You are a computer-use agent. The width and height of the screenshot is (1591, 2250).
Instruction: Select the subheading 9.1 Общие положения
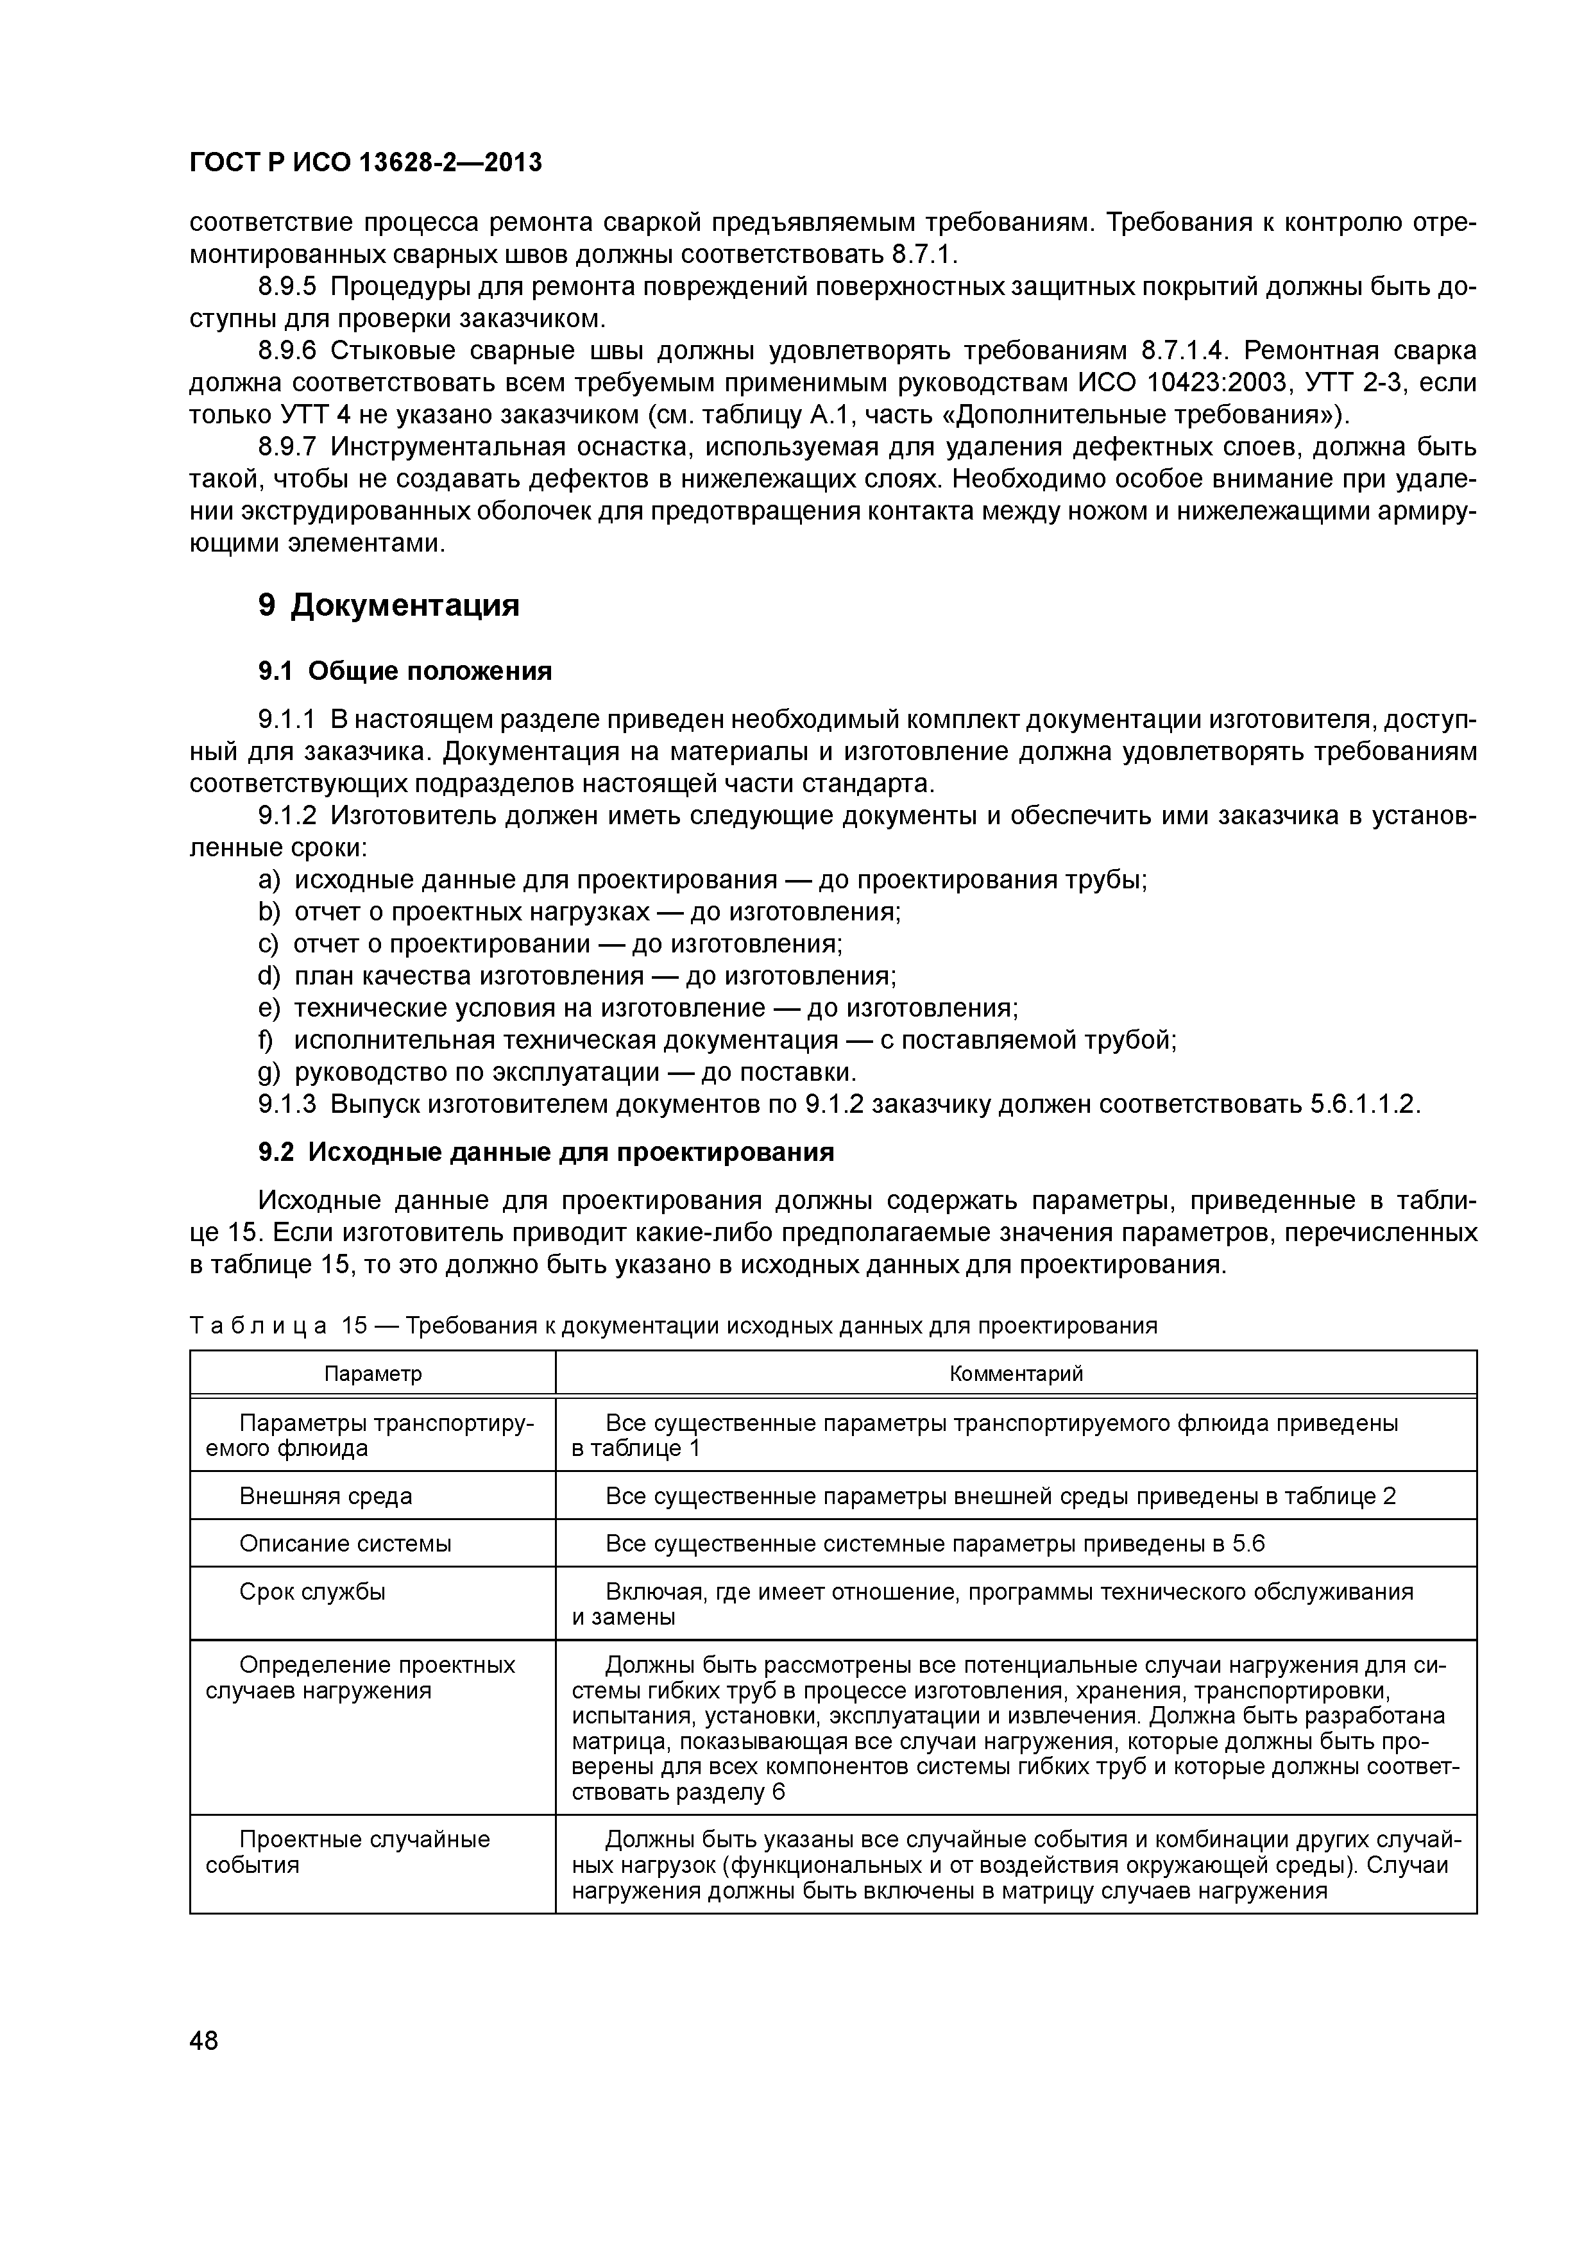405,672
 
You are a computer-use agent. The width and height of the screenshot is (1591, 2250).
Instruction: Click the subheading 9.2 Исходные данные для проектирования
545,1153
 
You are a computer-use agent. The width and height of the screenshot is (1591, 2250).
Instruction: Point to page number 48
204,2042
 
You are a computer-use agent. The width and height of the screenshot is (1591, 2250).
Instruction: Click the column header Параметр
373,1374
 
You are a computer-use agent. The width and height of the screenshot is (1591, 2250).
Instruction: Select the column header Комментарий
1016,1374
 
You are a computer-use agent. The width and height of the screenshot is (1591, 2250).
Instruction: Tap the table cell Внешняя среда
325,1496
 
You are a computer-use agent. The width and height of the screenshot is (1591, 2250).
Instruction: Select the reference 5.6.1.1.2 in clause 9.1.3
1365,1104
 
